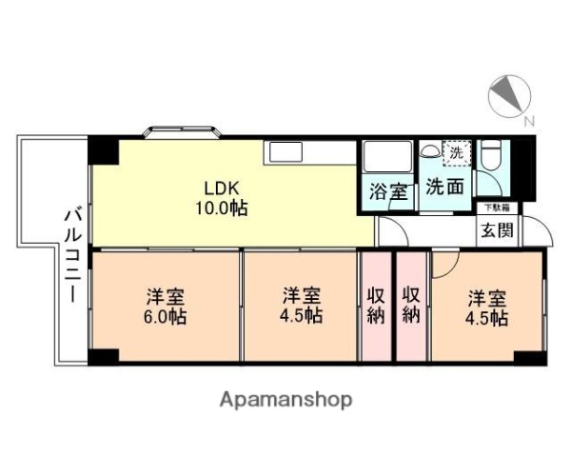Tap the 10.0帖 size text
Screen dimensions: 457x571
[223, 208]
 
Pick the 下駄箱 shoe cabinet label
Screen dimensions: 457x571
[494, 207]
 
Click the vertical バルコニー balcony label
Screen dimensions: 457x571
[71, 255]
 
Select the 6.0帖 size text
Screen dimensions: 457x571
[164, 317]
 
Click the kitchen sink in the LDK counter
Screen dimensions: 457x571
[285, 151]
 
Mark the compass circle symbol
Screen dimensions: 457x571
[509, 94]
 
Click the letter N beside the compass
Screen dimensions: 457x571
[529, 121]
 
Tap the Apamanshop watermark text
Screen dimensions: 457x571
[286, 399]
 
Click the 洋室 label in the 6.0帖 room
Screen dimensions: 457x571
[164, 295]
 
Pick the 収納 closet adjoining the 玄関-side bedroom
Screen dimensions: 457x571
[411, 305]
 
